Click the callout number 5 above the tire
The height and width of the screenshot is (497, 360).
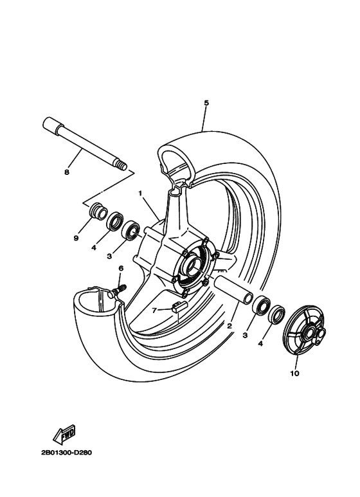pos(206,103)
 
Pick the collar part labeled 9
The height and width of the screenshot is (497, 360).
pos(98,212)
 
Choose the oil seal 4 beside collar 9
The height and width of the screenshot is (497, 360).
pos(115,222)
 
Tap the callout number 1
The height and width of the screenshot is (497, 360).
pos(139,192)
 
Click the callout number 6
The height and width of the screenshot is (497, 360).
pos(120,268)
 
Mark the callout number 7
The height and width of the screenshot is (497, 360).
pos(154,310)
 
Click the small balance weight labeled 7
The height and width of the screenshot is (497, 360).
pos(178,307)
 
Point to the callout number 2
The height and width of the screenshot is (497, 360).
pos(229,326)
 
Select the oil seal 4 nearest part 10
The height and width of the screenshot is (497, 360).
pos(277,315)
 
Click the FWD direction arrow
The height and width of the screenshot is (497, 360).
pos(65,435)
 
